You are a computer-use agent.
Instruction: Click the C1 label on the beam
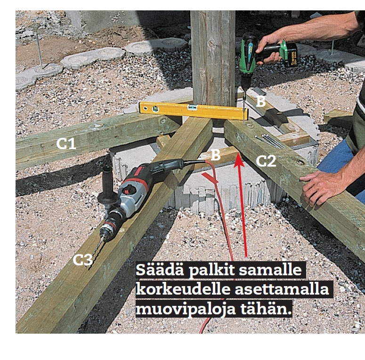pyautogui.click(x=66, y=144)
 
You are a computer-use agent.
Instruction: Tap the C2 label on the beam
pyautogui.click(x=266, y=160)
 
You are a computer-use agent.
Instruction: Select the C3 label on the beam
pyautogui.click(x=82, y=259)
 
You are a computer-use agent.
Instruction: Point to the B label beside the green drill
pyautogui.click(x=261, y=101)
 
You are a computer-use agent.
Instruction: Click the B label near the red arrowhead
pyautogui.click(x=216, y=155)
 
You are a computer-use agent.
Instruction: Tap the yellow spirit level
pyautogui.click(x=194, y=111)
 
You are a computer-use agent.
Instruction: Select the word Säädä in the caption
pyautogui.click(x=161, y=271)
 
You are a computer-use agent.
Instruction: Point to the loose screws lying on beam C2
pyautogui.click(x=270, y=141)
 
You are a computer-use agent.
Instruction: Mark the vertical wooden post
pyautogui.click(x=213, y=58)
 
